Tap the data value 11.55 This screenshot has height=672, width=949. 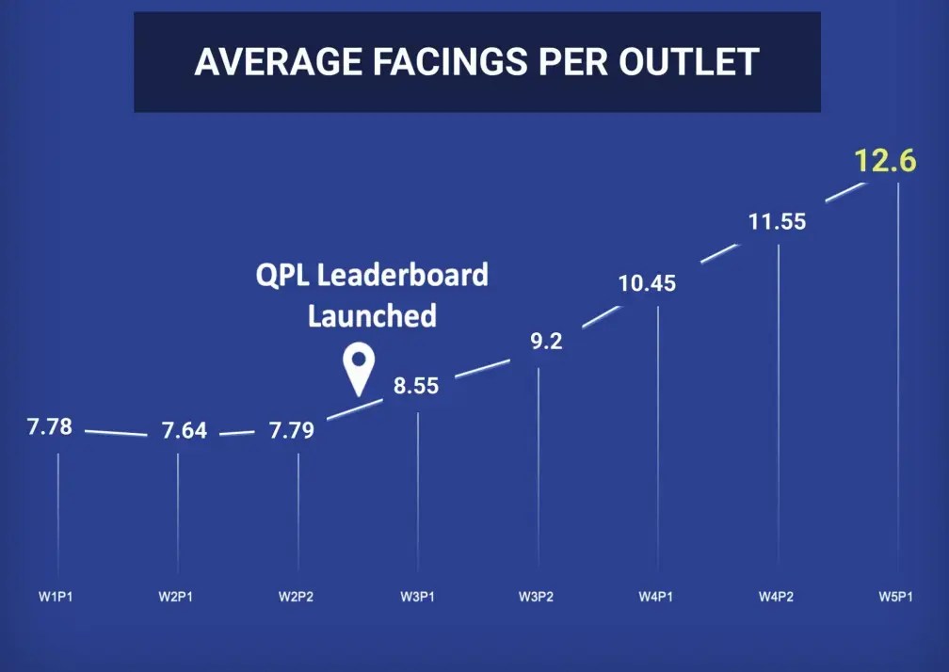[x=778, y=223]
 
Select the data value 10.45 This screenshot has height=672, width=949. [x=647, y=282]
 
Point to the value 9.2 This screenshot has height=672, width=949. [x=546, y=341]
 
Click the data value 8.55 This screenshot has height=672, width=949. [x=416, y=385]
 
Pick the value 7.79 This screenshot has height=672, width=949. [x=292, y=431]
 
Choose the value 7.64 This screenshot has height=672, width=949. [x=185, y=432]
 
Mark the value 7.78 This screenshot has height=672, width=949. [x=50, y=427]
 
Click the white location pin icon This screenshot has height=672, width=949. [x=358, y=368]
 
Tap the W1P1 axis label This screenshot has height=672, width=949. [x=56, y=597]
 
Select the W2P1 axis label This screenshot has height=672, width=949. [x=175, y=597]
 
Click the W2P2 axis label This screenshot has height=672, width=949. [x=296, y=597]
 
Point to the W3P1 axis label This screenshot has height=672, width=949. [x=416, y=597]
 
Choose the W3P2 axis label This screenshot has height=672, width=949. [x=537, y=597]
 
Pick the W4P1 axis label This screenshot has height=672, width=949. [x=656, y=597]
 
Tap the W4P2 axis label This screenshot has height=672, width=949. [x=777, y=597]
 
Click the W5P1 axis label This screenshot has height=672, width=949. [x=896, y=597]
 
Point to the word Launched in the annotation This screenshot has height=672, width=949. [x=372, y=315]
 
